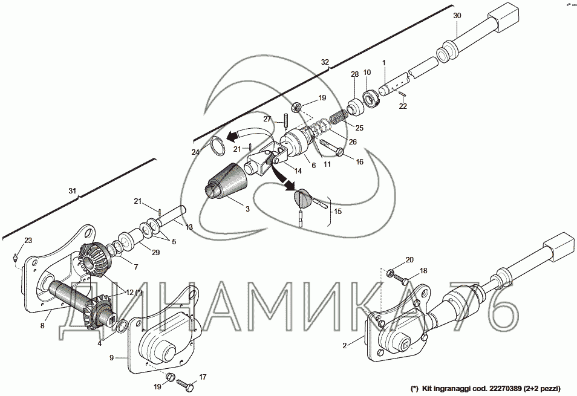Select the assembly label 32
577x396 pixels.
(x=325, y=62)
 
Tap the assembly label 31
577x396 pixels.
(x=73, y=191)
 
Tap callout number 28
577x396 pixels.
(x=355, y=74)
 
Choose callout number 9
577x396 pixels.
(x=111, y=358)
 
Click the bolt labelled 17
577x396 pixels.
(x=189, y=385)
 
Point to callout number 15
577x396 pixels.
(x=337, y=212)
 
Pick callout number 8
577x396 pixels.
(x=42, y=325)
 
